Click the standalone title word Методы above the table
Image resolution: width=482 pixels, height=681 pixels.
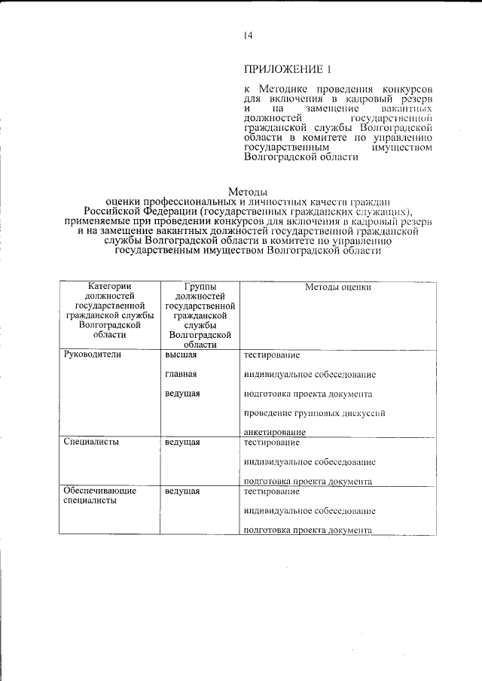(x=247, y=191)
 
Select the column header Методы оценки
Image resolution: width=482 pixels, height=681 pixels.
(x=338, y=287)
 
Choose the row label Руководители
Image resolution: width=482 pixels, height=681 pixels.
(x=93, y=354)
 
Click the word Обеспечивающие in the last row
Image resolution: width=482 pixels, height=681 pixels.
(x=100, y=491)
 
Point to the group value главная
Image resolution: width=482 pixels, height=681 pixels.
(x=181, y=374)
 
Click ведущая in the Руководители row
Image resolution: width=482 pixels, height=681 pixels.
(x=182, y=394)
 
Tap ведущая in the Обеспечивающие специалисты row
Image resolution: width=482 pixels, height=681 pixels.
(x=182, y=491)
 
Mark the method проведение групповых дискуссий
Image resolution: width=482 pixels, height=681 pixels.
(x=315, y=413)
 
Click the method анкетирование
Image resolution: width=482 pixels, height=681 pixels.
(x=274, y=433)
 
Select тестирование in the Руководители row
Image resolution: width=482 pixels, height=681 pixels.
(x=272, y=354)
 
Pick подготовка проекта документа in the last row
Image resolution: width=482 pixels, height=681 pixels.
(x=308, y=530)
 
